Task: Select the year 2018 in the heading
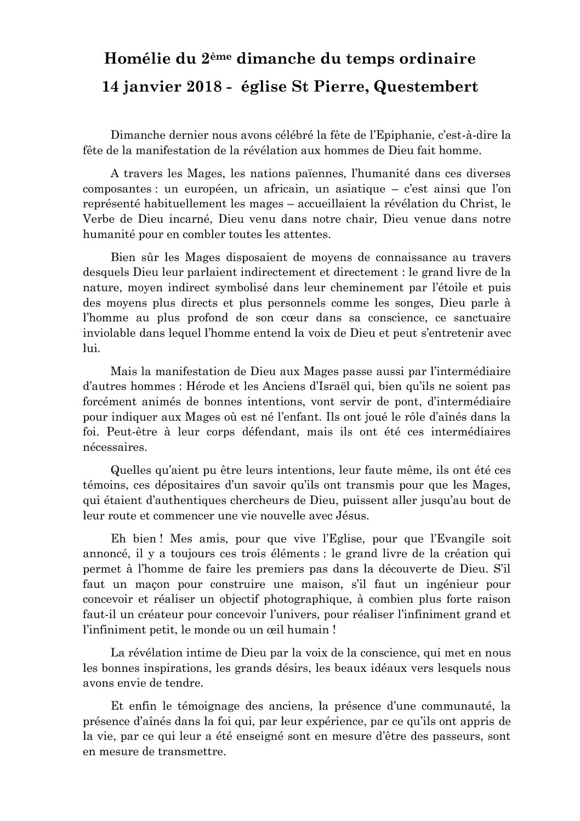(x=197, y=87)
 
